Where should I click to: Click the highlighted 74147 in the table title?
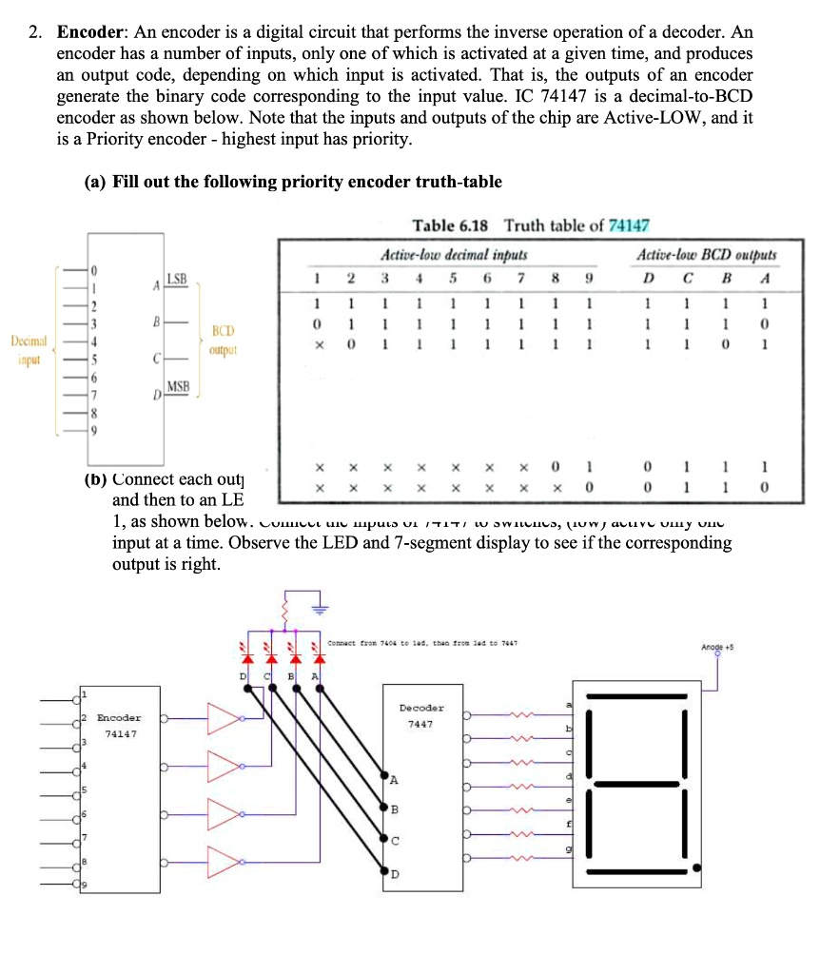pos(628,225)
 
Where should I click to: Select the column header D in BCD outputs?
pos(648,279)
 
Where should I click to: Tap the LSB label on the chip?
pos(178,279)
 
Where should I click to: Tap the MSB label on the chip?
pos(178,386)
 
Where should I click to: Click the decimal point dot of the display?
pos(698,867)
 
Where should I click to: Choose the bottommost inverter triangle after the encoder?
pos(224,862)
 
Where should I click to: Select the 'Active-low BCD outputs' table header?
pos(706,255)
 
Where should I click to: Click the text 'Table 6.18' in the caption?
pos(450,225)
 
